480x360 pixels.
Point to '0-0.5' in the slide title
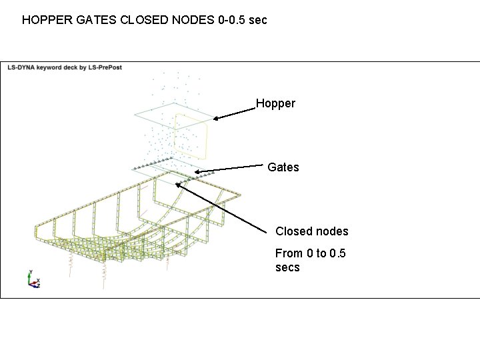pos(233,20)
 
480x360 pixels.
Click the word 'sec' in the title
pos(259,20)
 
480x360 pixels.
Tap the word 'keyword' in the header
pos(52,67)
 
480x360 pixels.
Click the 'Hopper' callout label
pos(275,103)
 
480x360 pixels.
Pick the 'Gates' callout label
pos(283,167)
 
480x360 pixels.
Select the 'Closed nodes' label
pos(311,231)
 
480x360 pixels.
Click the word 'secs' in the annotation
pos(287,267)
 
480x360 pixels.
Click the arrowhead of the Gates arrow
pos(196,171)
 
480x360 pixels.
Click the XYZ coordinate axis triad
pos(33,279)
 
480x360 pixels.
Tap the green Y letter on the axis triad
pos(30,273)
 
